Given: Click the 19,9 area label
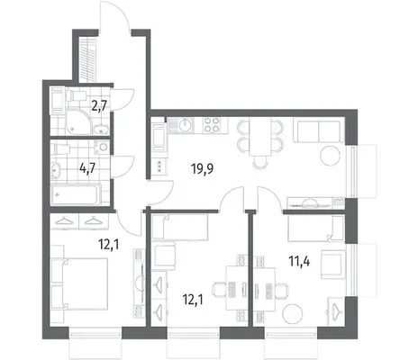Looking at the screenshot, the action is (x=202, y=168).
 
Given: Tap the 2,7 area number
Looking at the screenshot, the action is (x=99, y=106).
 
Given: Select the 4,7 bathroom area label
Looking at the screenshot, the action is (x=87, y=168).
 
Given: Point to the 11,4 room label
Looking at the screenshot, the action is (x=299, y=261).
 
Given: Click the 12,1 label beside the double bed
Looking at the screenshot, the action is (x=109, y=245).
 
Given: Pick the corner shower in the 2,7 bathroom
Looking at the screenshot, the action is (x=77, y=122).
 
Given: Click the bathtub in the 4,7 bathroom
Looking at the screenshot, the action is (x=76, y=194).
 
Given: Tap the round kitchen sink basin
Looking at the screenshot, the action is (x=186, y=125).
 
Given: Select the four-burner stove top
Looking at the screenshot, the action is (x=212, y=125).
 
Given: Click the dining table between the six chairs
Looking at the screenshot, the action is (x=260, y=137).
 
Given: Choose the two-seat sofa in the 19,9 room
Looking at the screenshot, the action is (x=318, y=131).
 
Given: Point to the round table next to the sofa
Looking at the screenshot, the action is (x=331, y=156).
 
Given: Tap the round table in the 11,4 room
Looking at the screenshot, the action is (x=293, y=314).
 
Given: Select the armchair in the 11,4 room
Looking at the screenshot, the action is (x=333, y=265).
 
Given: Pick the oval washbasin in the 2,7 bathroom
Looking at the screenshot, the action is (x=102, y=130).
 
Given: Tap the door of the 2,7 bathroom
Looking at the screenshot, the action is (x=123, y=100).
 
